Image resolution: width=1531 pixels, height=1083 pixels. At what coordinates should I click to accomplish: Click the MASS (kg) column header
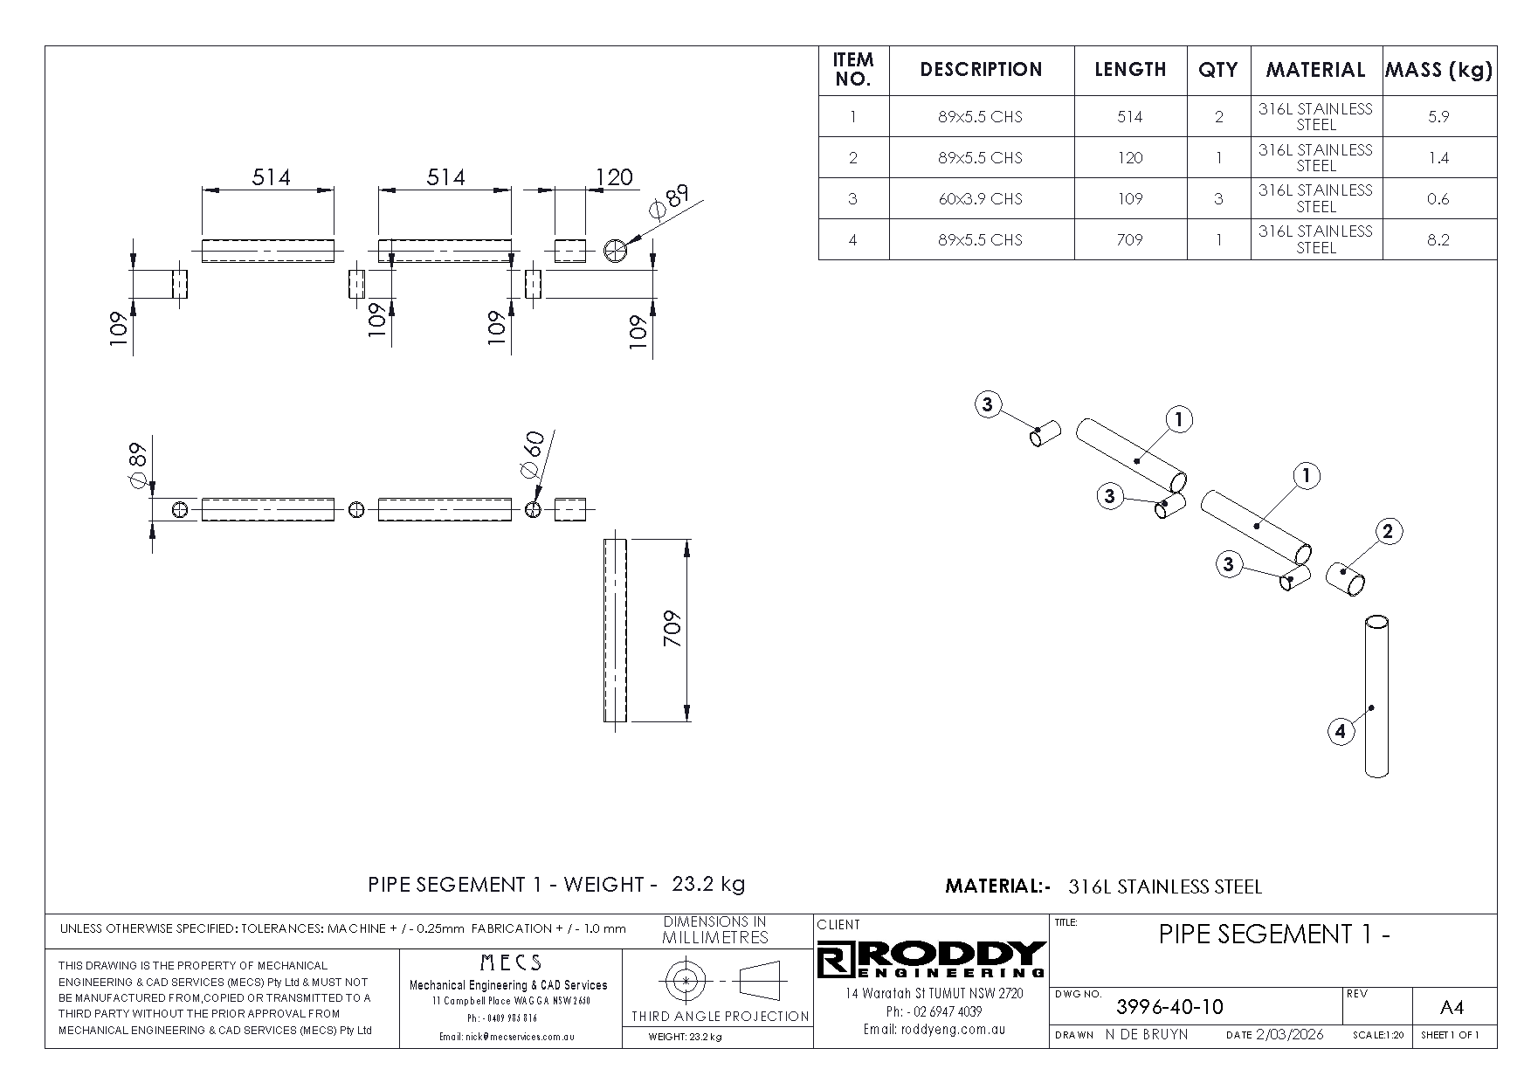tap(1438, 70)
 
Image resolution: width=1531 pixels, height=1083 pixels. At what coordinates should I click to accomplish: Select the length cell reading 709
tap(1129, 239)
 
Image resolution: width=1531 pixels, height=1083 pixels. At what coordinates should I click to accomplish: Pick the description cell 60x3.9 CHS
tap(980, 199)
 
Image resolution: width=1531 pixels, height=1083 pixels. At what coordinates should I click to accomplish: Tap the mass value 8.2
tap(1438, 240)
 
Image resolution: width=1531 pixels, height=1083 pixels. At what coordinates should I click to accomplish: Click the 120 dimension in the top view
tap(613, 177)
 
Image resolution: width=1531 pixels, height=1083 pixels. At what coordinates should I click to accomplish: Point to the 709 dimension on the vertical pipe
tap(672, 628)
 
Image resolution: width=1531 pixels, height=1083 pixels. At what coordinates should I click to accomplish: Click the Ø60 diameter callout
tap(532, 454)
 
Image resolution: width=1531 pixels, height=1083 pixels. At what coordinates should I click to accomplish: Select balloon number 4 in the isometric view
tap(1341, 731)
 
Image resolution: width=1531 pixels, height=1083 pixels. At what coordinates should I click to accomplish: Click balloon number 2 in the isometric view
tap(1388, 531)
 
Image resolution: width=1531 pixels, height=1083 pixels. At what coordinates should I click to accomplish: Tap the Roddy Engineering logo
tap(931, 960)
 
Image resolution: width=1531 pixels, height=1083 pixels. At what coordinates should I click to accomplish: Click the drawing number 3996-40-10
tap(1169, 1007)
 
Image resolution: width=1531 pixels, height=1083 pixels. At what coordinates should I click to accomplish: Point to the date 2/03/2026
tap(1289, 1035)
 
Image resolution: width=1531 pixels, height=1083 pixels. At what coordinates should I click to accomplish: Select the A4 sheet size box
tap(1451, 1008)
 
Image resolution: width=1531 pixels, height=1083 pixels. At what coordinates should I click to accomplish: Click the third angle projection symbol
tap(716, 981)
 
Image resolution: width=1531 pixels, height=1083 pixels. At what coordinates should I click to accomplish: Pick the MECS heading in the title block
tap(511, 963)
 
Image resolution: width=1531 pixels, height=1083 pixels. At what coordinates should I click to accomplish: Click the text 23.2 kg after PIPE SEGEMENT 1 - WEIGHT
tap(707, 884)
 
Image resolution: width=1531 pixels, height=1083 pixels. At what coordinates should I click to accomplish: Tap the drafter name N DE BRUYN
tap(1146, 1035)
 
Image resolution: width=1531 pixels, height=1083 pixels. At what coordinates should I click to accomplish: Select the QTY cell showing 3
tap(1218, 199)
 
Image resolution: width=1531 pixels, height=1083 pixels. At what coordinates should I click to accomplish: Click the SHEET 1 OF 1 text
tap(1450, 1036)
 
